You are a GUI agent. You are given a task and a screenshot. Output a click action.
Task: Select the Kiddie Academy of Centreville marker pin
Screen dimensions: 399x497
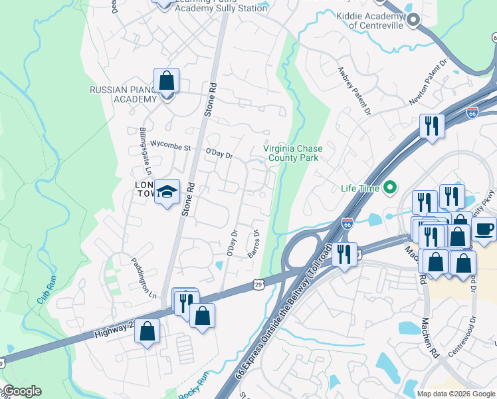[413, 20]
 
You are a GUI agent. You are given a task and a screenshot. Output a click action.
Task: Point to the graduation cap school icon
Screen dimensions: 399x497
[167, 192]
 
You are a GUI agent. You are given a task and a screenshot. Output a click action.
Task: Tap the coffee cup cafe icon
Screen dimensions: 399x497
[484, 229]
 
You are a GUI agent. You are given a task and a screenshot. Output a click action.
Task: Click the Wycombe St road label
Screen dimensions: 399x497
[171, 144]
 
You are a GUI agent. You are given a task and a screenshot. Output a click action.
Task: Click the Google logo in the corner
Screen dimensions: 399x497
[21, 391]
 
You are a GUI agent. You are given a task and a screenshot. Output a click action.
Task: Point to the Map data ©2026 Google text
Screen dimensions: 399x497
[456, 394]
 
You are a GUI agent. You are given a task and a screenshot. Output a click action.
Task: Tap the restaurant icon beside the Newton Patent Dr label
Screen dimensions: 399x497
[432, 126]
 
